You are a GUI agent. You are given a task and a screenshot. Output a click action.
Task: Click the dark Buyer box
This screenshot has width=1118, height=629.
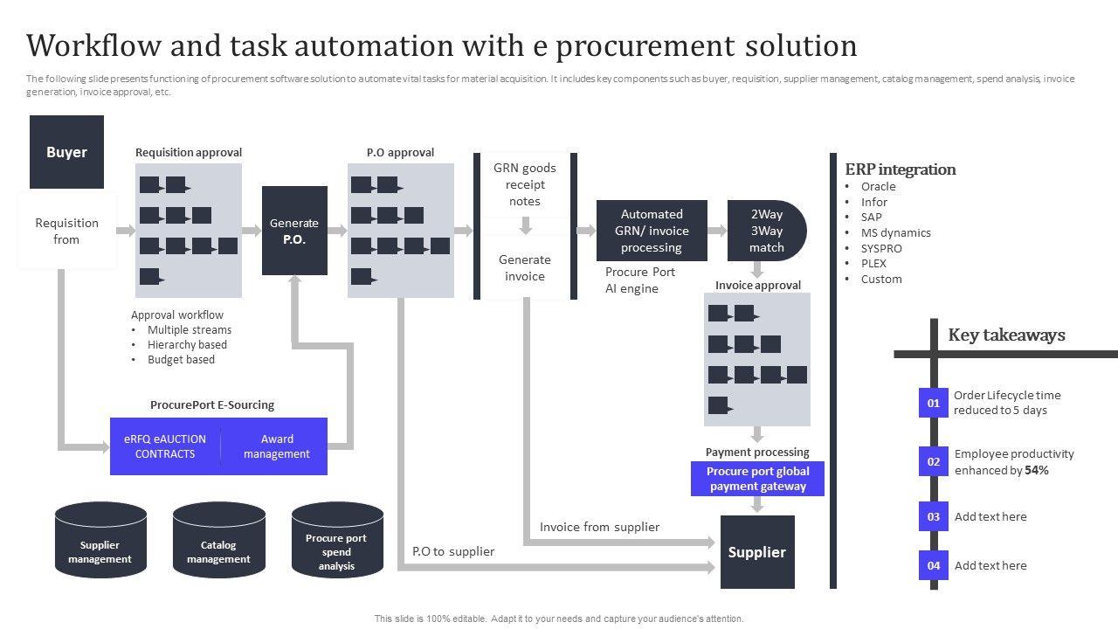(x=66, y=152)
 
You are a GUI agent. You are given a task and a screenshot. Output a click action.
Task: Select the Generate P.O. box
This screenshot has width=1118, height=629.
(x=294, y=231)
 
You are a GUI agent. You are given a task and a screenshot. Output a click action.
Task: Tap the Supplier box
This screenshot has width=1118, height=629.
(x=757, y=552)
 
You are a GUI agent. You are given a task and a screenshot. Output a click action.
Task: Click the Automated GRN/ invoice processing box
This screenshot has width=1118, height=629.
(x=652, y=231)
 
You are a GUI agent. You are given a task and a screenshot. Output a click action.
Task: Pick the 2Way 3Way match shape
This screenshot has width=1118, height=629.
(x=766, y=231)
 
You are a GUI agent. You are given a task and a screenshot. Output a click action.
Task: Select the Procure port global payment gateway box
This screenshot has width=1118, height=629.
(x=757, y=479)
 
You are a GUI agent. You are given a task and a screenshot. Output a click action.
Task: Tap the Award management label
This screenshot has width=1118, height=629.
(x=276, y=446)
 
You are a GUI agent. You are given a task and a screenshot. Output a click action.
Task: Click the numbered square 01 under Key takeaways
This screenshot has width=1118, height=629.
(x=933, y=403)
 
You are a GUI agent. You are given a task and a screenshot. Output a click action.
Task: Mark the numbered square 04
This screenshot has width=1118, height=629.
(x=933, y=565)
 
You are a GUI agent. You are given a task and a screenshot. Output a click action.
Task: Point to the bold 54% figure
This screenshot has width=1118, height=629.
(x=1037, y=470)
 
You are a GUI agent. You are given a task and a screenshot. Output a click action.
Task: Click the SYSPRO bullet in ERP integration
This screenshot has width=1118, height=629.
(x=880, y=248)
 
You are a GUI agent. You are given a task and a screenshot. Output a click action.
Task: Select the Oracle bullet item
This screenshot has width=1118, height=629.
(x=878, y=186)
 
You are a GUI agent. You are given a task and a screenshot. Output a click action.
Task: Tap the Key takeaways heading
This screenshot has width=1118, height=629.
(x=1006, y=335)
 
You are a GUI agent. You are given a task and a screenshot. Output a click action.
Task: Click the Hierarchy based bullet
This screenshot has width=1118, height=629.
(x=187, y=344)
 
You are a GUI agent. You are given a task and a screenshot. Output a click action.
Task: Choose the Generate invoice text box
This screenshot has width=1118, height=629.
(x=525, y=267)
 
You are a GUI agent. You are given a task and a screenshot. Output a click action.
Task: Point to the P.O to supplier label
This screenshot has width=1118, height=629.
(x=453, y=551)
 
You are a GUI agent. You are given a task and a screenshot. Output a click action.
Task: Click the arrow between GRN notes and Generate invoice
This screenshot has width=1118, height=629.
(x=526, y=225)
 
